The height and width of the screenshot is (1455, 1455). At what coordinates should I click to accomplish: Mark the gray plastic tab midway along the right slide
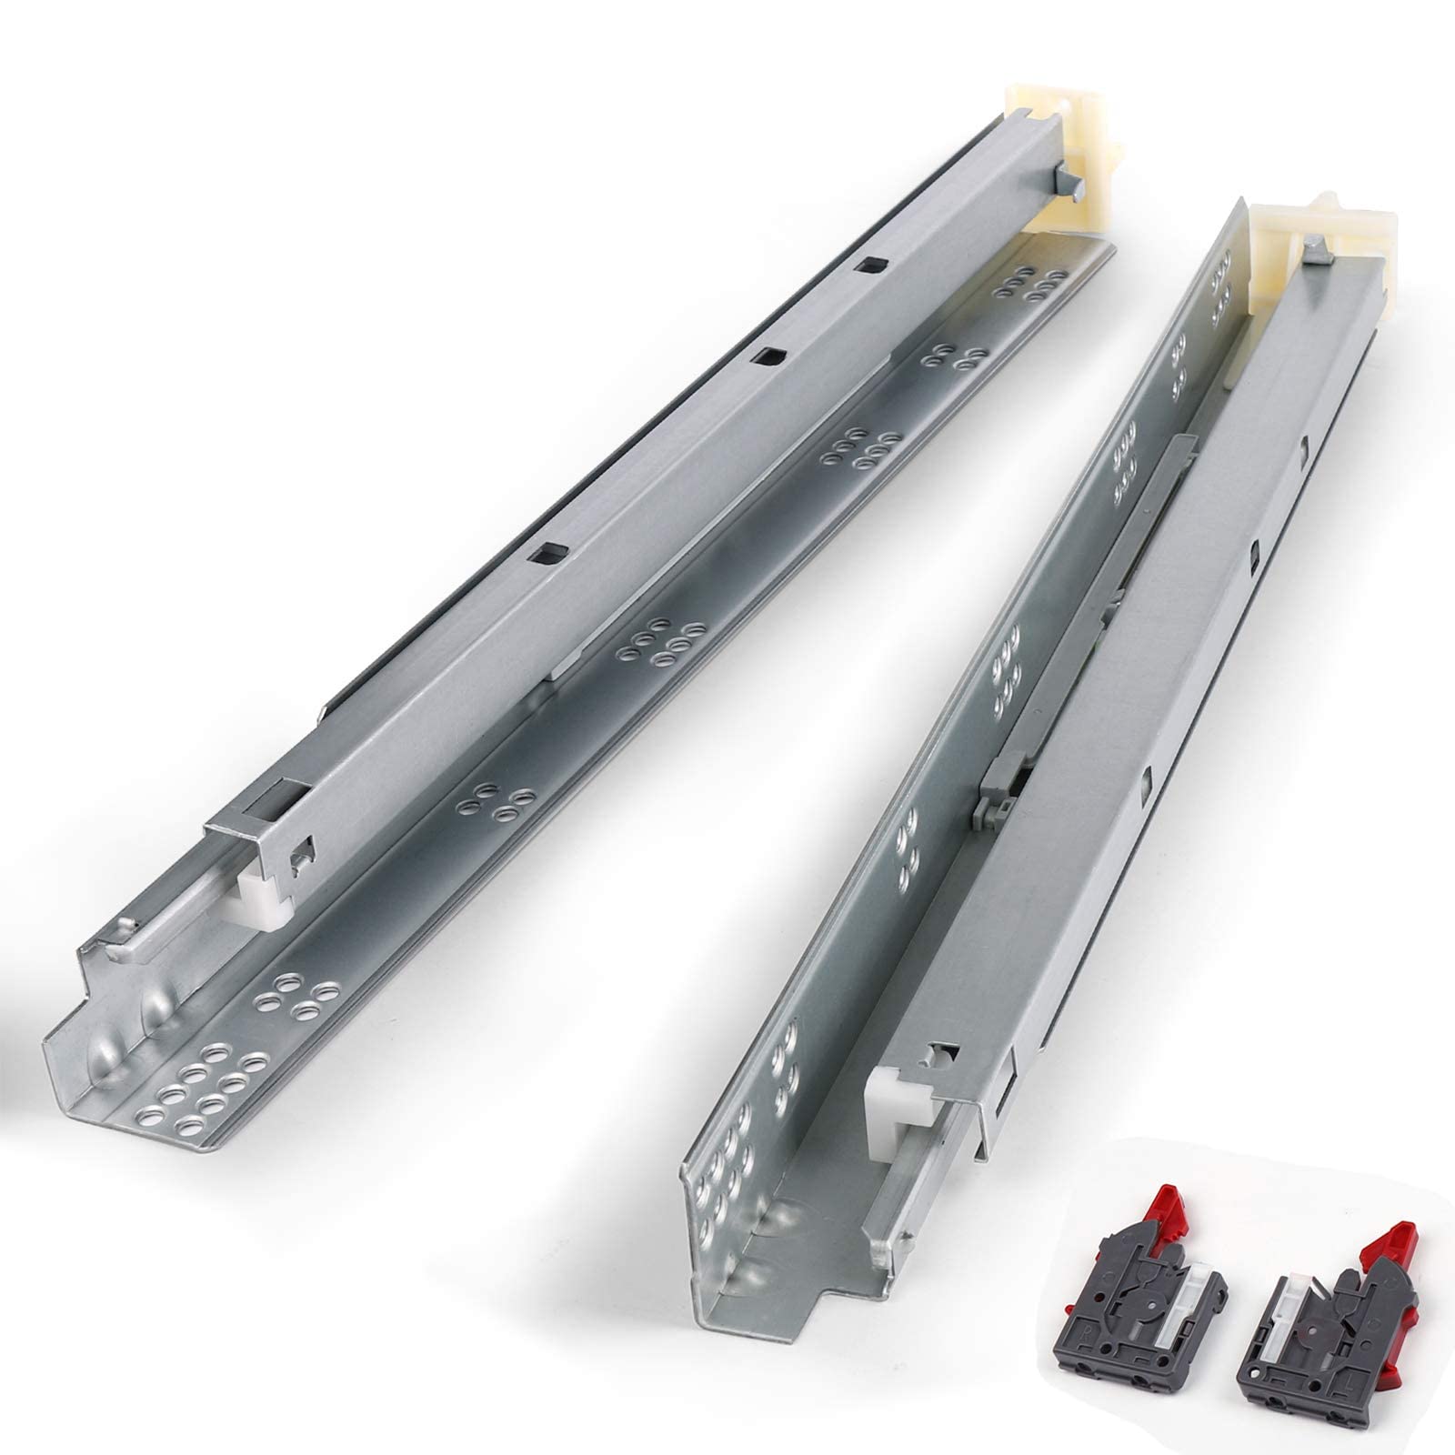point(993,791)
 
